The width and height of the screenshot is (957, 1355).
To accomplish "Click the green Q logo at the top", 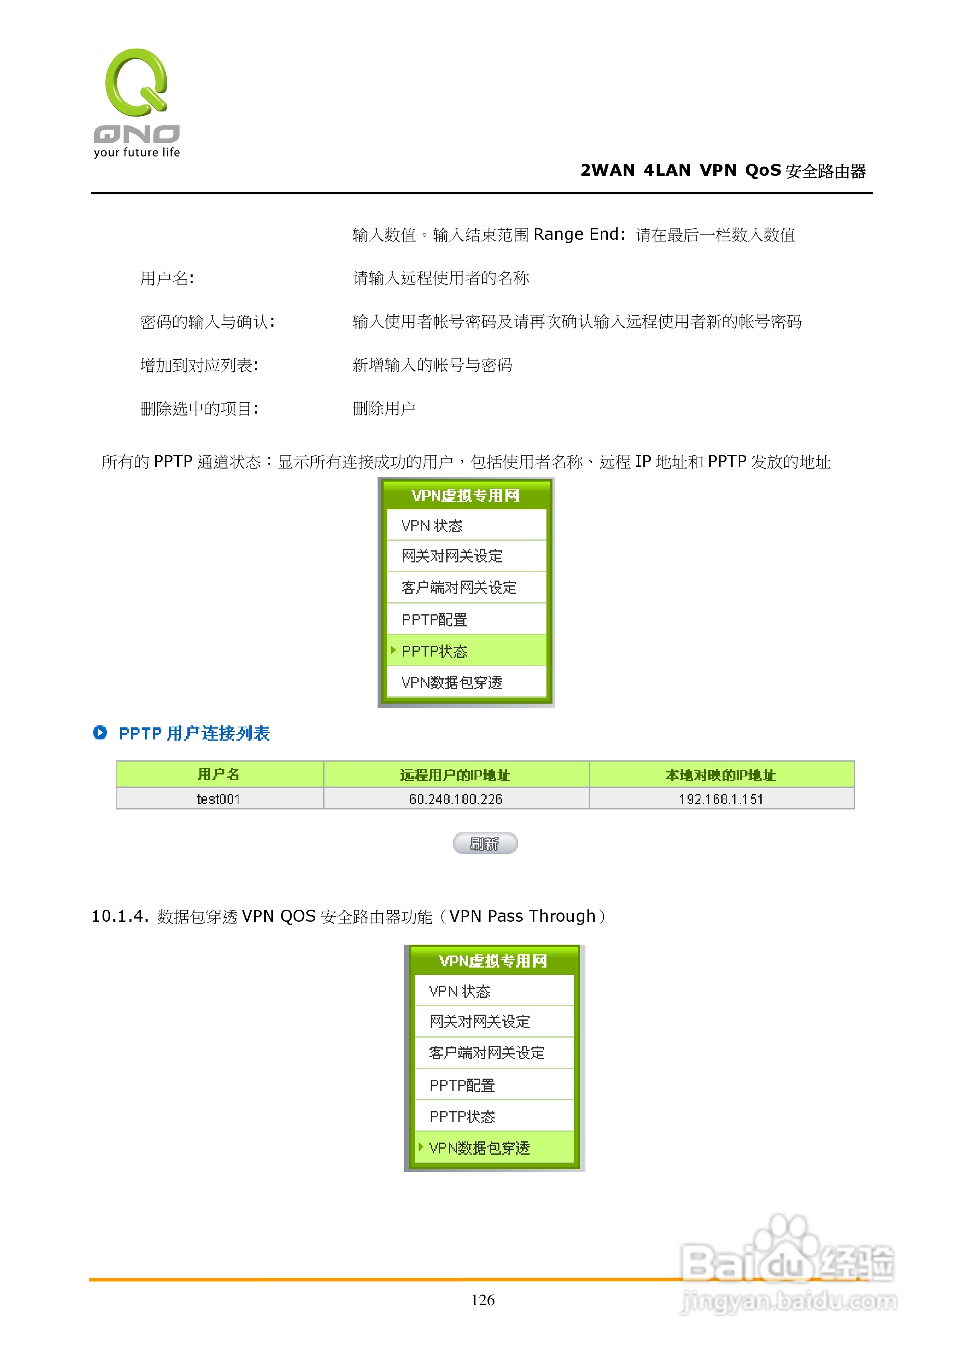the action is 136,82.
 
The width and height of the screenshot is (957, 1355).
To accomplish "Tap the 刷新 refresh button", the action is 485,843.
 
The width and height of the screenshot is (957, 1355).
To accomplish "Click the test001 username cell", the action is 219,799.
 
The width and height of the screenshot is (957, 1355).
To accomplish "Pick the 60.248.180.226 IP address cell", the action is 456,799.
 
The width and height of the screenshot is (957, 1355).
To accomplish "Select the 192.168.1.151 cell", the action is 721,799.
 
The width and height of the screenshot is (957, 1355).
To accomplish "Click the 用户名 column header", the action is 219,774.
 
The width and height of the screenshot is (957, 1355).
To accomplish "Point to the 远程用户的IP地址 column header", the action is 456,774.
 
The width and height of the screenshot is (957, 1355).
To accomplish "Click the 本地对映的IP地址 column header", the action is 721,774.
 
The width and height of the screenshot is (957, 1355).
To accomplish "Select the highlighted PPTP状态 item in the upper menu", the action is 435,651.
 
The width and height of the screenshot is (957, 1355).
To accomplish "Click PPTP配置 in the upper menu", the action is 435,620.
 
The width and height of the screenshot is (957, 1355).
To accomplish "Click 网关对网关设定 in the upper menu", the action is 452,556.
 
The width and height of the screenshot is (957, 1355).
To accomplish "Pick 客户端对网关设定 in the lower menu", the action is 487,1053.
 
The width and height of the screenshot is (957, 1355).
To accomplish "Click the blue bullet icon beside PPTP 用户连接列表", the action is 100,732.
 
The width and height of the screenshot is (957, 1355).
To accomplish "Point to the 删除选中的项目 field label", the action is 199,408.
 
